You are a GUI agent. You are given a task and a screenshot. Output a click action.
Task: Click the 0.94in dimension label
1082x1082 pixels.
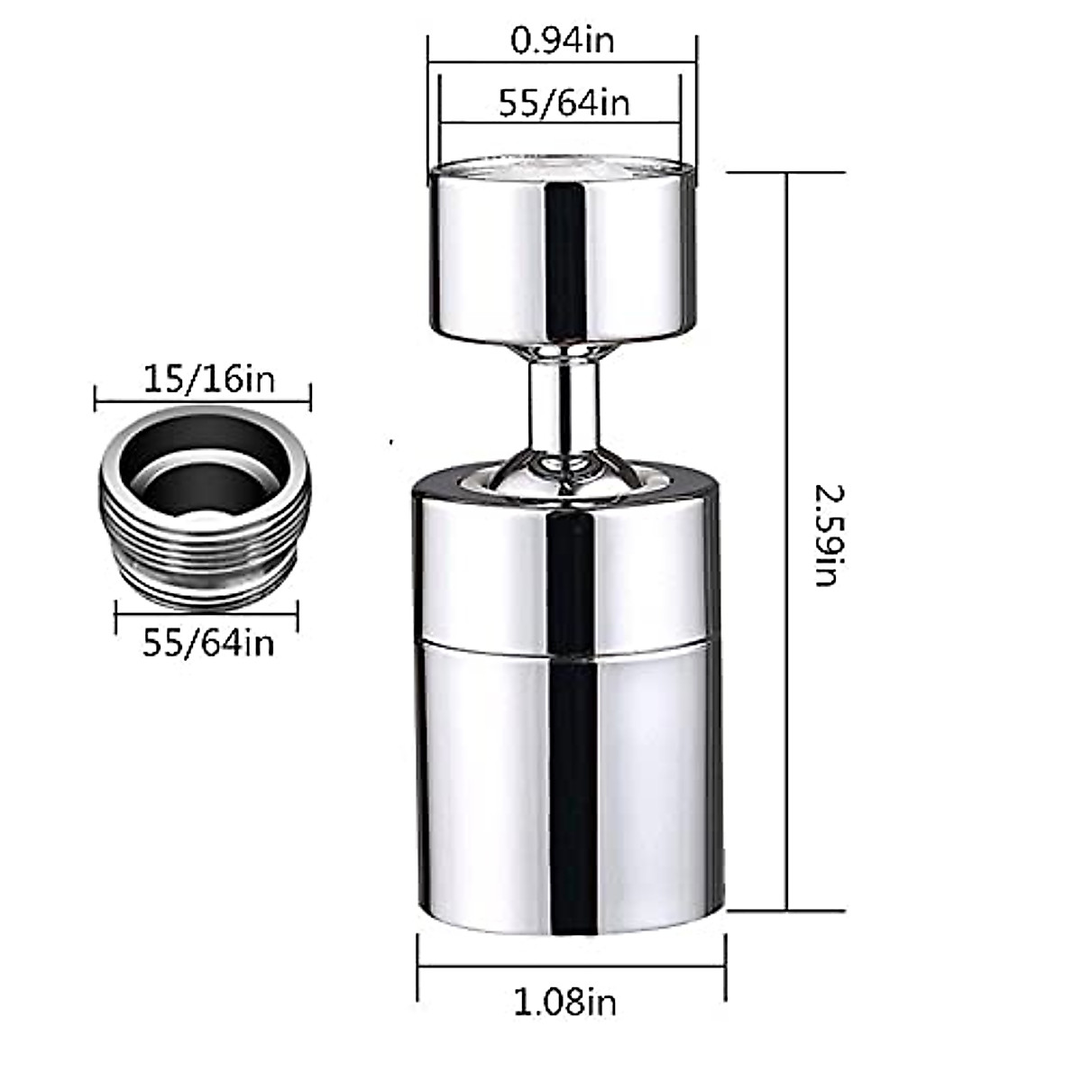tap(562, 41)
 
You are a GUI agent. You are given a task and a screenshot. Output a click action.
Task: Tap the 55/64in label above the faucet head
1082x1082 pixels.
tap(564, 103)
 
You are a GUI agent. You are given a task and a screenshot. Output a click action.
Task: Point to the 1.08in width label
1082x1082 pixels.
tap(565, 1002)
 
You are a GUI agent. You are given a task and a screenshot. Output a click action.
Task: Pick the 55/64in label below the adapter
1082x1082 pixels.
tap(208, 643)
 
